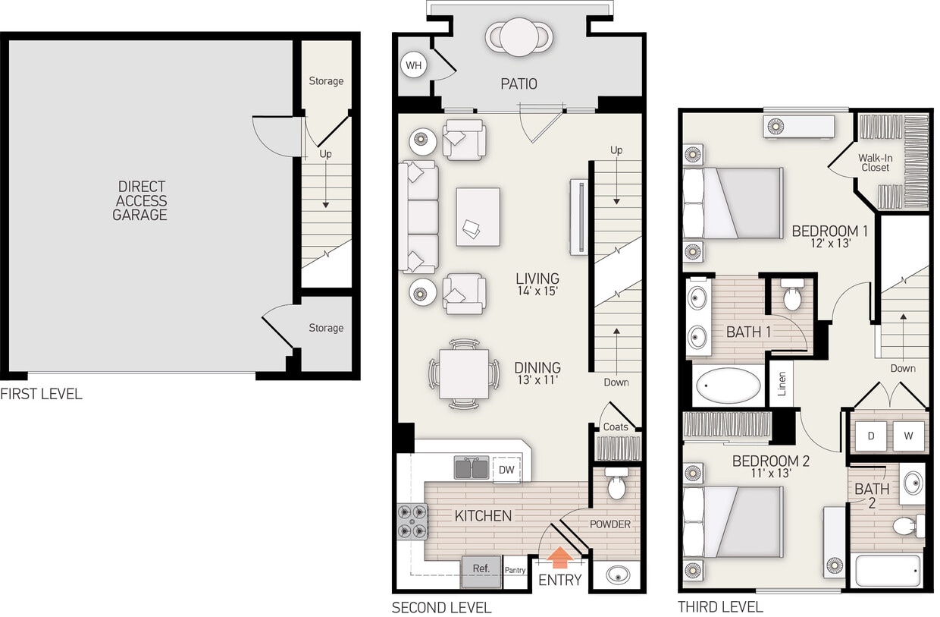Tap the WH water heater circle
(x=413, y=65)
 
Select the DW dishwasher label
(x=506, y=470)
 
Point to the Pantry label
(x=515, y=570)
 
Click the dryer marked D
(x=872, y=436)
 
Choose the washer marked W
(x=907, y=436)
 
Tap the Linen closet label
(x=782, y=383)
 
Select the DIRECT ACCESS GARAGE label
(x=140, y=200)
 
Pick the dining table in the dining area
(x=464, y=373)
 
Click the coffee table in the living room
(x=478, y=216)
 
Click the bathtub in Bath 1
(x=728, y=386)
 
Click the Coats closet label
(x=616, y=427)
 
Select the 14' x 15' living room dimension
(x=537, y=292)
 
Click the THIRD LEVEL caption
(x=720, y=606)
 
